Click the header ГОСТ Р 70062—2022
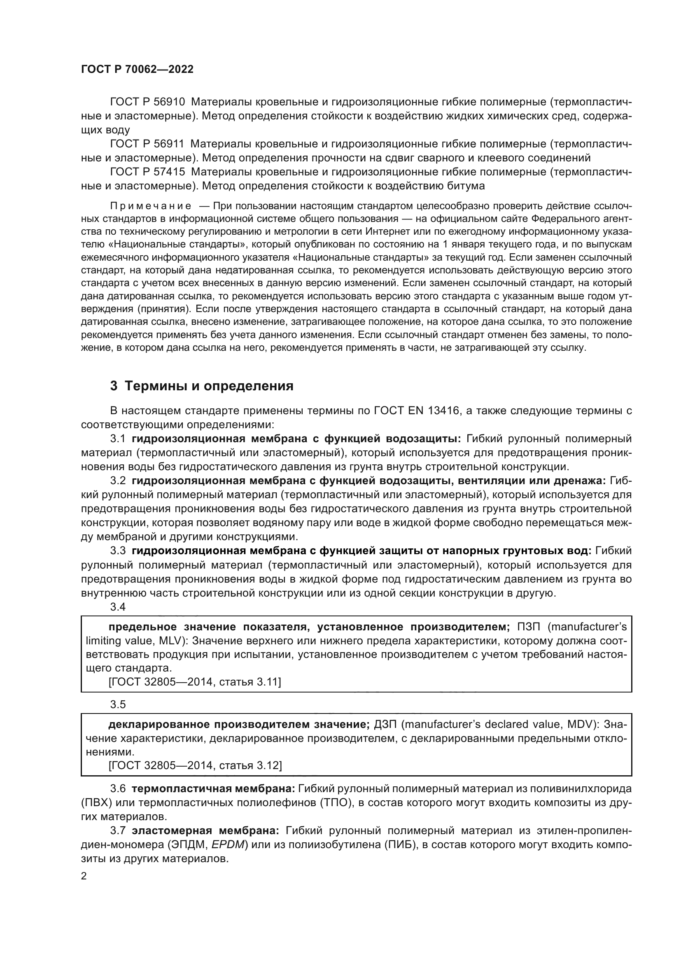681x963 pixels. (137, 70)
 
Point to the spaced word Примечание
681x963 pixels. (151, 206)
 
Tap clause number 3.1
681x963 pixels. (118, 439)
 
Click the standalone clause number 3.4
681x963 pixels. (118, 607)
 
